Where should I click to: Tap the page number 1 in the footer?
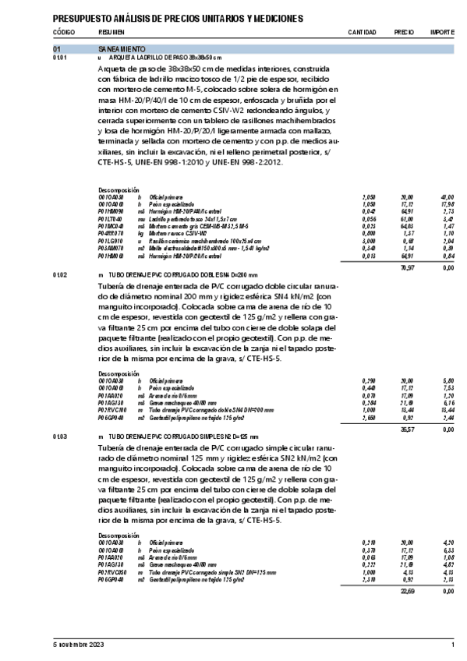[453, 645]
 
